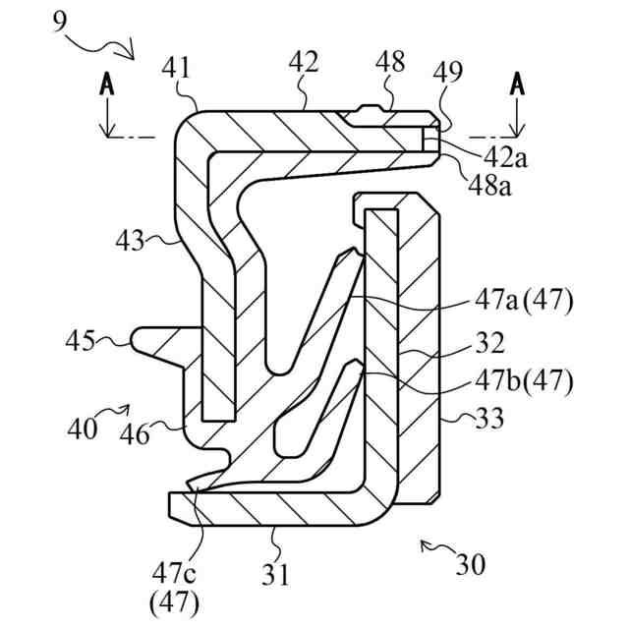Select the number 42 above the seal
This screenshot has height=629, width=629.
pyautogui.click(x=303, y=62)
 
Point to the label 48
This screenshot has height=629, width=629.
pyautogui.click(x=390, y=63)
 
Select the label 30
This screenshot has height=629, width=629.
pyautogui.click(x=470, y=565)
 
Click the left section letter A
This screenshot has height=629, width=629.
pyautogui.click(x=106, y=86)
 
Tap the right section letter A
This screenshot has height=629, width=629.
pyautogui.click(x=517, y=86)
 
